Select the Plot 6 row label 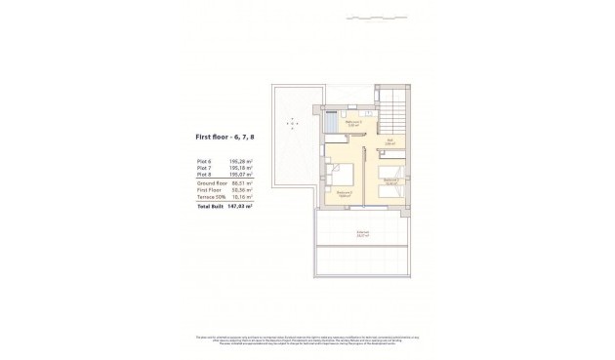pyautogui.click(x=204, y=162)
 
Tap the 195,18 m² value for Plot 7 pyautogui.click(x=241, y=169)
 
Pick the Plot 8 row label pyautogui.click(x=204, y=175)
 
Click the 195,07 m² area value pyautogui.click(x=241, y=175)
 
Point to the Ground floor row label pyautogui.click(x=211, y=182)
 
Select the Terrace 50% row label pyautogui.click(x=212, y=196)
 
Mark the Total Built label pyautogui.click(x=210, y=206)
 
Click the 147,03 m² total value pyautogui.click(x=241, y=206)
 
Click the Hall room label pyautogui.click(x=389, y=141)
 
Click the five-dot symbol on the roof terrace pyautogui.click(x=290, y=122)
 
